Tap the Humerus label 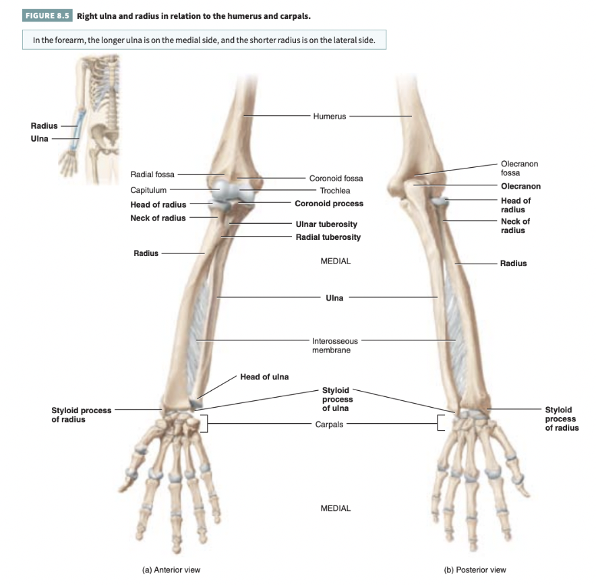(x=329, y=117)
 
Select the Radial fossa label (x=152, y=175)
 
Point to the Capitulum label (x=148, y=190)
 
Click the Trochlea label (x=334, y=191)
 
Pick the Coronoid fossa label (x=336, y=179)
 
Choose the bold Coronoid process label (x=328, y=204)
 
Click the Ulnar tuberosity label (x=326, y=224)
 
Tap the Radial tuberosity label (x=328, y=237)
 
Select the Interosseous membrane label (x=334, y=345)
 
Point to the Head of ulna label (x=264, y=377)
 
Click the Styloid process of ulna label (x=336, y=399)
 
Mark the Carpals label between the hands (x=329, y=425)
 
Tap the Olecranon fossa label (x=519, y=168)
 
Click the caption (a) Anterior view (x=171, y=569)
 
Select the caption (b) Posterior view (x=475, y=569)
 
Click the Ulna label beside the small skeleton (x=40, y=139)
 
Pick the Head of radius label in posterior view (x=515, y=205)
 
